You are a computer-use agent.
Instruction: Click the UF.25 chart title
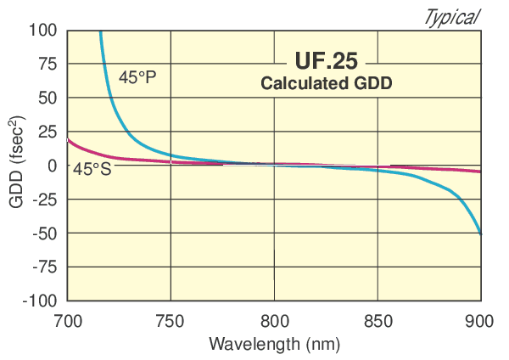tap(327, 61)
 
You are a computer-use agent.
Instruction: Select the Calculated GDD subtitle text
tap(327, 83)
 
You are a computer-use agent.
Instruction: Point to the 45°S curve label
tap(92, 169)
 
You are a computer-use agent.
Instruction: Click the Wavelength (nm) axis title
tap(274, 345)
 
